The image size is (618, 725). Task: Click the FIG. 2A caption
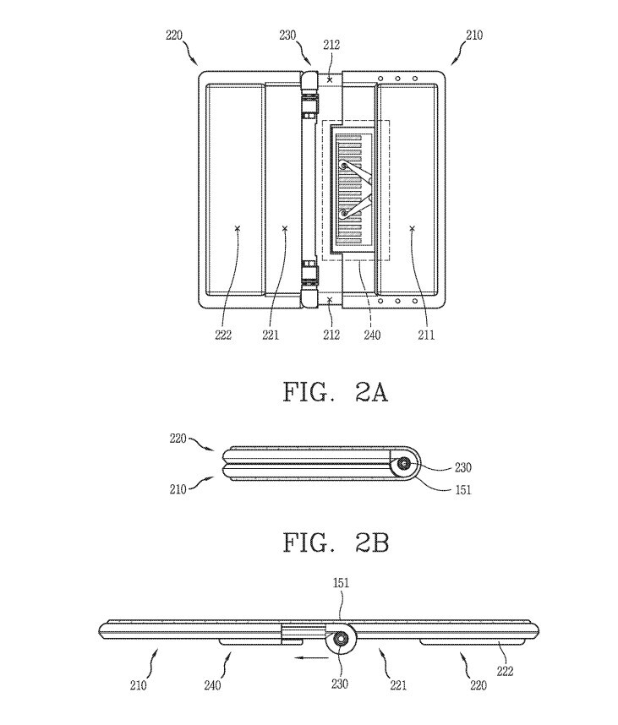click(336, 393)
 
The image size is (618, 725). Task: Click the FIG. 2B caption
click(336, 542)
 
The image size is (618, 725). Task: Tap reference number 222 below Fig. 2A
click(223, 335)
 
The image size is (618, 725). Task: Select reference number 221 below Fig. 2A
click(271, 335)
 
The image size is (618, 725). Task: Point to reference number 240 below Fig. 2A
click(372, 335)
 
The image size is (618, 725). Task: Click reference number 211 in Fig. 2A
click(426, 335)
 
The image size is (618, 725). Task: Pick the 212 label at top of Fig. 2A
click(331, 45)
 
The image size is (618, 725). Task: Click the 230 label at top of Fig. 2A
click(287, 35)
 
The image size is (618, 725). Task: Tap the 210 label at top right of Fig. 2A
click(474, 35)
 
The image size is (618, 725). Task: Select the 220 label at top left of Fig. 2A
click(174, 35)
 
